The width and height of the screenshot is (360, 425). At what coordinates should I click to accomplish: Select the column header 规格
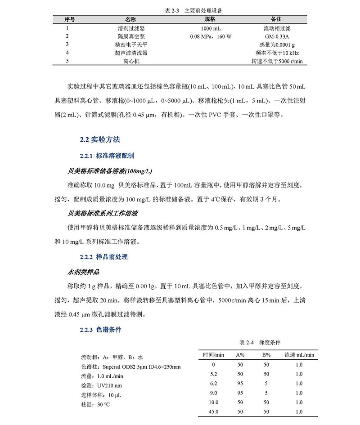click(x=210, y=19)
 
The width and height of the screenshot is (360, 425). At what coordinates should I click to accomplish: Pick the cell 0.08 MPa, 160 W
click(x=211, y=36)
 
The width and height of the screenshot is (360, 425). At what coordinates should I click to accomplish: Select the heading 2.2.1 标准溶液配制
click(x=107, y=156)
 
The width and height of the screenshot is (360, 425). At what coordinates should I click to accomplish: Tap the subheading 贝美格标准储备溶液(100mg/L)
click(x=110, y=171)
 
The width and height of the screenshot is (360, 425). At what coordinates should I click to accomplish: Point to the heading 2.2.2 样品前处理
click(x=103, y=257)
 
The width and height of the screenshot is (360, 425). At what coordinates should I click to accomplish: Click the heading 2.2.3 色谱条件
click(x=100, y=330)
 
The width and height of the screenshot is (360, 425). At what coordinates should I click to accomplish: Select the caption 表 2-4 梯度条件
click(x=261, y=342)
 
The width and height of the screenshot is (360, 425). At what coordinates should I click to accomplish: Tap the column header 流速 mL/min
click(x=299, y=355)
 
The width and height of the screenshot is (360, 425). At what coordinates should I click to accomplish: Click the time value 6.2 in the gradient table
click(x=214, y=383)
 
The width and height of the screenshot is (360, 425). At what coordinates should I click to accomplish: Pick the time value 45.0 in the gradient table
click(x=214, y=412)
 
